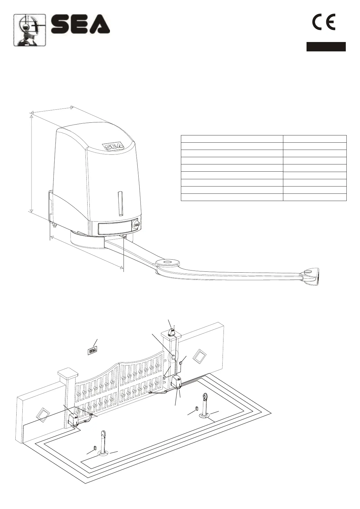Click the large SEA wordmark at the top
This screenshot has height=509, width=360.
[80, 25]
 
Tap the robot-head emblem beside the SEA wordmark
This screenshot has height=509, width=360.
[30, 30]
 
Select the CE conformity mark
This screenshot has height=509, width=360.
[323, 23]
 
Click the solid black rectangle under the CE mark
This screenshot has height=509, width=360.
[326, 47]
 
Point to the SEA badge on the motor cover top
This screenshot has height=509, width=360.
[113, 146]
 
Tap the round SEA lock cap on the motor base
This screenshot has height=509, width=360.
[136, 225]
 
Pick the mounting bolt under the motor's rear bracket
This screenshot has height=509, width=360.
[54, 225]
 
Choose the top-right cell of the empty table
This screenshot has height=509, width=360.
[314, 139]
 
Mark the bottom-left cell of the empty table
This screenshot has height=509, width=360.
[232, 197]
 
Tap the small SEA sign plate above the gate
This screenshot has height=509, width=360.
[92, 351]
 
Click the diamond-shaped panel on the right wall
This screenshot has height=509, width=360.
[200, 356]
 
